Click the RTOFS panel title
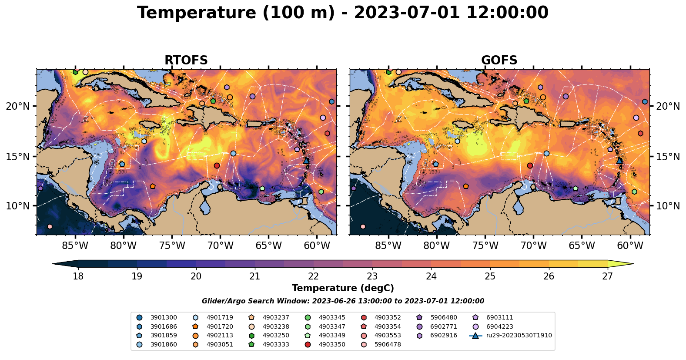[x=186, y=61]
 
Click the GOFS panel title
[x=499, y=61]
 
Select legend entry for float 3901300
[x=164, y=318]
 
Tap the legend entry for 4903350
[x=332, y=345]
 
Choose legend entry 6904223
[x=499, y=327]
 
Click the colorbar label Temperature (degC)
[x=343, y=288]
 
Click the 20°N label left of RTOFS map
[x=18, y=107]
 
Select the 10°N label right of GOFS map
[x=668, y=206]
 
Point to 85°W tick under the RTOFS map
[x=75, y=246]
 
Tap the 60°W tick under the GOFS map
[x=630, y=246]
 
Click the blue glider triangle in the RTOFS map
[x=306, y=161]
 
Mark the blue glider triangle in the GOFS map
[x=619, y=161]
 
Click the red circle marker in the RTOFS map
[x=217, y=165]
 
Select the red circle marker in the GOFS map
[x=530, y=165]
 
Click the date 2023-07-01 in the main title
[x=407, y=13]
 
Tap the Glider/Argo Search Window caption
[x=343, y=301]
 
